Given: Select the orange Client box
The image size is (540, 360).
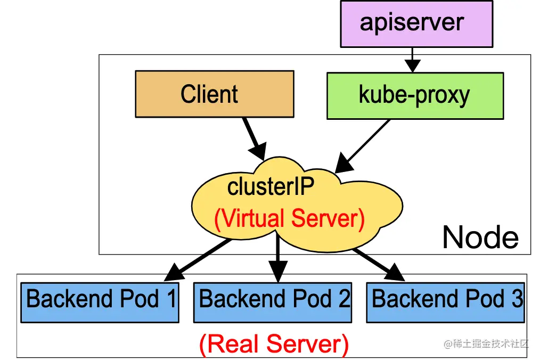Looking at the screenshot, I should [214, 94].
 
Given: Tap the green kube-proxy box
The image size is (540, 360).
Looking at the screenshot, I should [415, 96].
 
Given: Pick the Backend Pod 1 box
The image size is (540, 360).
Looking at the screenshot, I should [99, 302].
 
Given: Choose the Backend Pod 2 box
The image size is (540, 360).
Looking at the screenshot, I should [272, 302].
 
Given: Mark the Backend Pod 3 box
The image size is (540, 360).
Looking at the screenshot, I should [445, 302].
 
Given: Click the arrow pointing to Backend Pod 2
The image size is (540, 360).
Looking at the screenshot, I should [277, 258].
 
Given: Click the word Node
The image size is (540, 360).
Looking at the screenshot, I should [480, 238].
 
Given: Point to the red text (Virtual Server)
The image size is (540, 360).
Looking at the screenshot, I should [289, 219].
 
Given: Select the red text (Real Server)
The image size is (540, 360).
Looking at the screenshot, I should [274, 344].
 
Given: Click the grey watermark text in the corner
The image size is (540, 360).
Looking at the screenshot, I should [486, 344].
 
